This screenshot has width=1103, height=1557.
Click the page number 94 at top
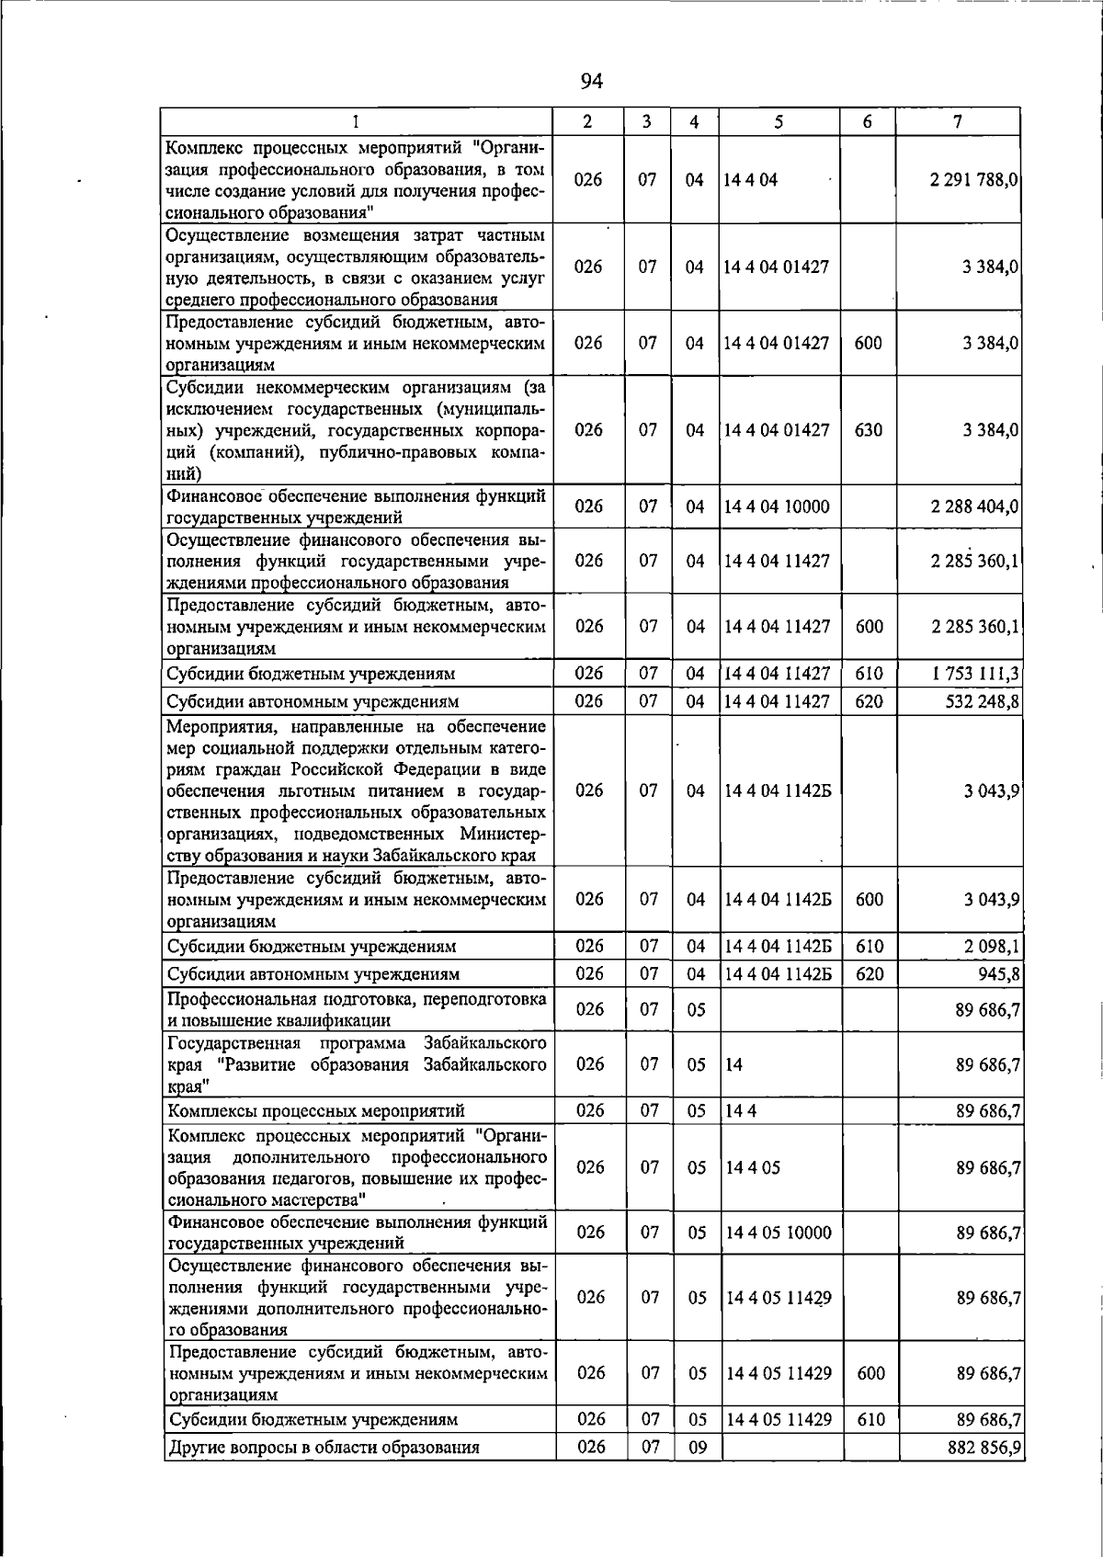coord(591,82)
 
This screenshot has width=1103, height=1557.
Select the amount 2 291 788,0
coord(973,180)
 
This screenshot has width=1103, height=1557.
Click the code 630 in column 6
coord(868,430)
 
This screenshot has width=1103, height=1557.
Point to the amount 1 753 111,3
coord(975,674)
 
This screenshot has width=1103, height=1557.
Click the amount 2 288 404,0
coord(973,506)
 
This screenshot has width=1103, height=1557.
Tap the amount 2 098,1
coord(992,946)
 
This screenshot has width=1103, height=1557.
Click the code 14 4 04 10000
coord(776,506)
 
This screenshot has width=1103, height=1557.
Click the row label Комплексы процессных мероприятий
coord(316,1110)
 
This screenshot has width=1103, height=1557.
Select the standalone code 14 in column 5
coord(733,1065)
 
